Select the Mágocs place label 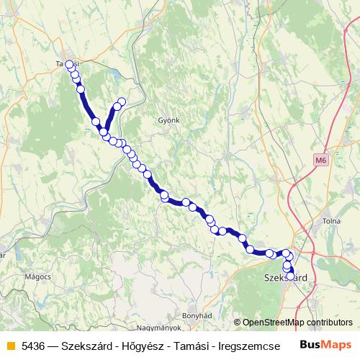(x=37, y=276)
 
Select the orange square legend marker (x=10, y=345)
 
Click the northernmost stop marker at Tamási (x=70, y=65)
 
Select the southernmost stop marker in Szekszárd (x=290, y=276)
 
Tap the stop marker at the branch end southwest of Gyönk (x=122, y=102)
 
